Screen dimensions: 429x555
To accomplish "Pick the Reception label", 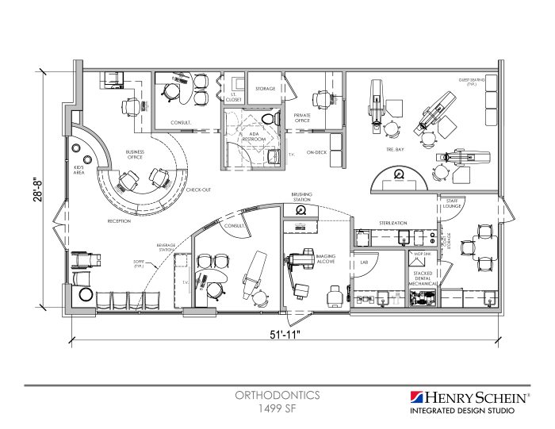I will [x=119, y=221].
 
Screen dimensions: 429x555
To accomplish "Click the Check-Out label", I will [x=197, y=190].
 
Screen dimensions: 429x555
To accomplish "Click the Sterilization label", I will [x=392, y=224].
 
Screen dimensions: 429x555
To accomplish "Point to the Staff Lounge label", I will [x=454, y=204].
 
